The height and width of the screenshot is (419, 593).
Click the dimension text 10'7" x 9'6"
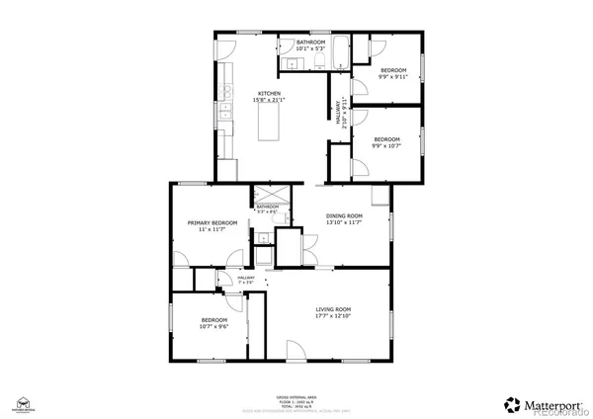214,327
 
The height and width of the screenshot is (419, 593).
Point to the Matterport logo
539,403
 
